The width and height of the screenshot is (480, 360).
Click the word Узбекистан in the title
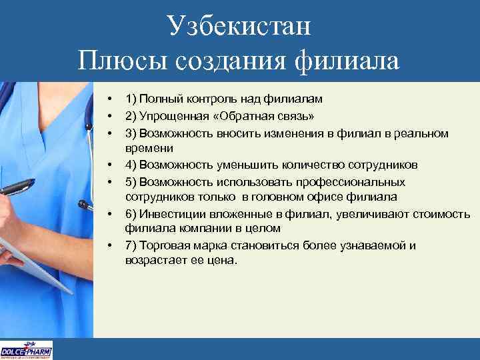pyautogui.click(x=240, y=27)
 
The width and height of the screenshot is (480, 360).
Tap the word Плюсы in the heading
pyautogui.click(x=123, y=61)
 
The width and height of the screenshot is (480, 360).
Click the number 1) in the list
pyautogui.click(x=131, y=99)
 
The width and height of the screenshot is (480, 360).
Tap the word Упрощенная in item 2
pyautogui.click(x=167, y=115)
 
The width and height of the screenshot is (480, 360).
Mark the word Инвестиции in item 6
pyautogui.click(x=169, y=213)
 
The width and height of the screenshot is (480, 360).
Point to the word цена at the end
pyautogui.click(x=222, y=261)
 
